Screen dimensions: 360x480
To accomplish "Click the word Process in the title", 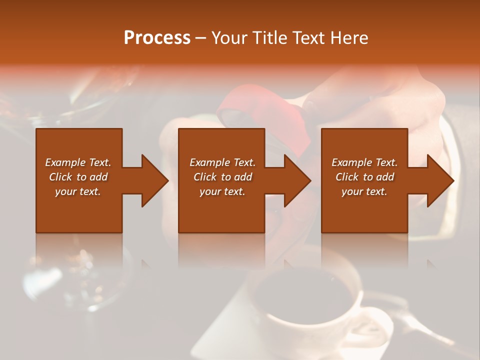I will point(157,38).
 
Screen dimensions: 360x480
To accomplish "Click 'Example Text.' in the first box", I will point(78,162).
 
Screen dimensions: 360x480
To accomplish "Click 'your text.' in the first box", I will point(78,191).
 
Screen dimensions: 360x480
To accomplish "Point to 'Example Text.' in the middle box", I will point(222,162).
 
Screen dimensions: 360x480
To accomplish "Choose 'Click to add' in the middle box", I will point(222,177).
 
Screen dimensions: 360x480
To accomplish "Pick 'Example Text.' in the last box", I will point(364,162).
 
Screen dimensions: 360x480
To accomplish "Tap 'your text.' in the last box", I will point(364,191).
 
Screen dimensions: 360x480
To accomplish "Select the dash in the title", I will point(201,38).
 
